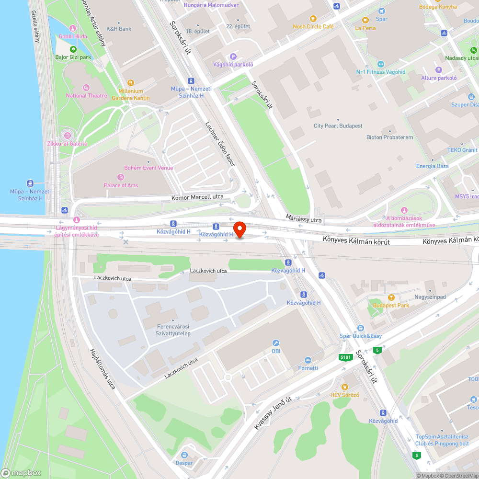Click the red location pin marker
pyautogui.click(x=239, y=229)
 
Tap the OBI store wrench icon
pyautogui.click(x=275, y=343)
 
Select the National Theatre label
pyautogui.click(x=87, y=95)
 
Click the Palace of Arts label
pyautogui.click(x=121, y=185)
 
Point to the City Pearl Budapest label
pyautogui.click(x=338, y=126)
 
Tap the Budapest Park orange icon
pyautogui.click(x=391, y=297)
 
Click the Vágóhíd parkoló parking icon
pyautogui.click(x=233, y=57)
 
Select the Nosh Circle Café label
pyautogui.click(x=313, y=27)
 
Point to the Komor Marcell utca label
pyautogui.click(x=197, y=197)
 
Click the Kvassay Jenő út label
pyautogui.click(x=273, y=413)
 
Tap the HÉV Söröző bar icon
pyautogui.click(x=344, y=387)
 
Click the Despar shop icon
pyautogui.click(x=184, y=455)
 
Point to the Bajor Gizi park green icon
pyautogui.click(x=73, y=49)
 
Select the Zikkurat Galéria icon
pyautogui.click(x=67, y=135)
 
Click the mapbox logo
pyautogui.click(x=21, y=473)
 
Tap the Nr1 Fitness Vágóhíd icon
pyautogui.click(x=381, y=64)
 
